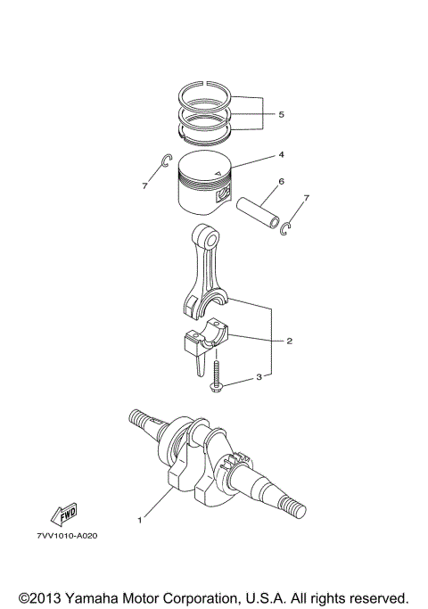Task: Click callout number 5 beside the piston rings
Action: point(281,114)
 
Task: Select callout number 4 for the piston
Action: point(281,154)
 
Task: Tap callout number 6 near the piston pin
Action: point(281,182)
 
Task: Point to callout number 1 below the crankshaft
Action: point(138,518)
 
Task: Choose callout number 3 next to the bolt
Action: point(258,378)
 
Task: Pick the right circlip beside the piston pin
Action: point(285,230)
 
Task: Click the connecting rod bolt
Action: point(217,374)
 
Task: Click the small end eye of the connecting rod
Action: point(209,237)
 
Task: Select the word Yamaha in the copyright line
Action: point(100,596)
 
